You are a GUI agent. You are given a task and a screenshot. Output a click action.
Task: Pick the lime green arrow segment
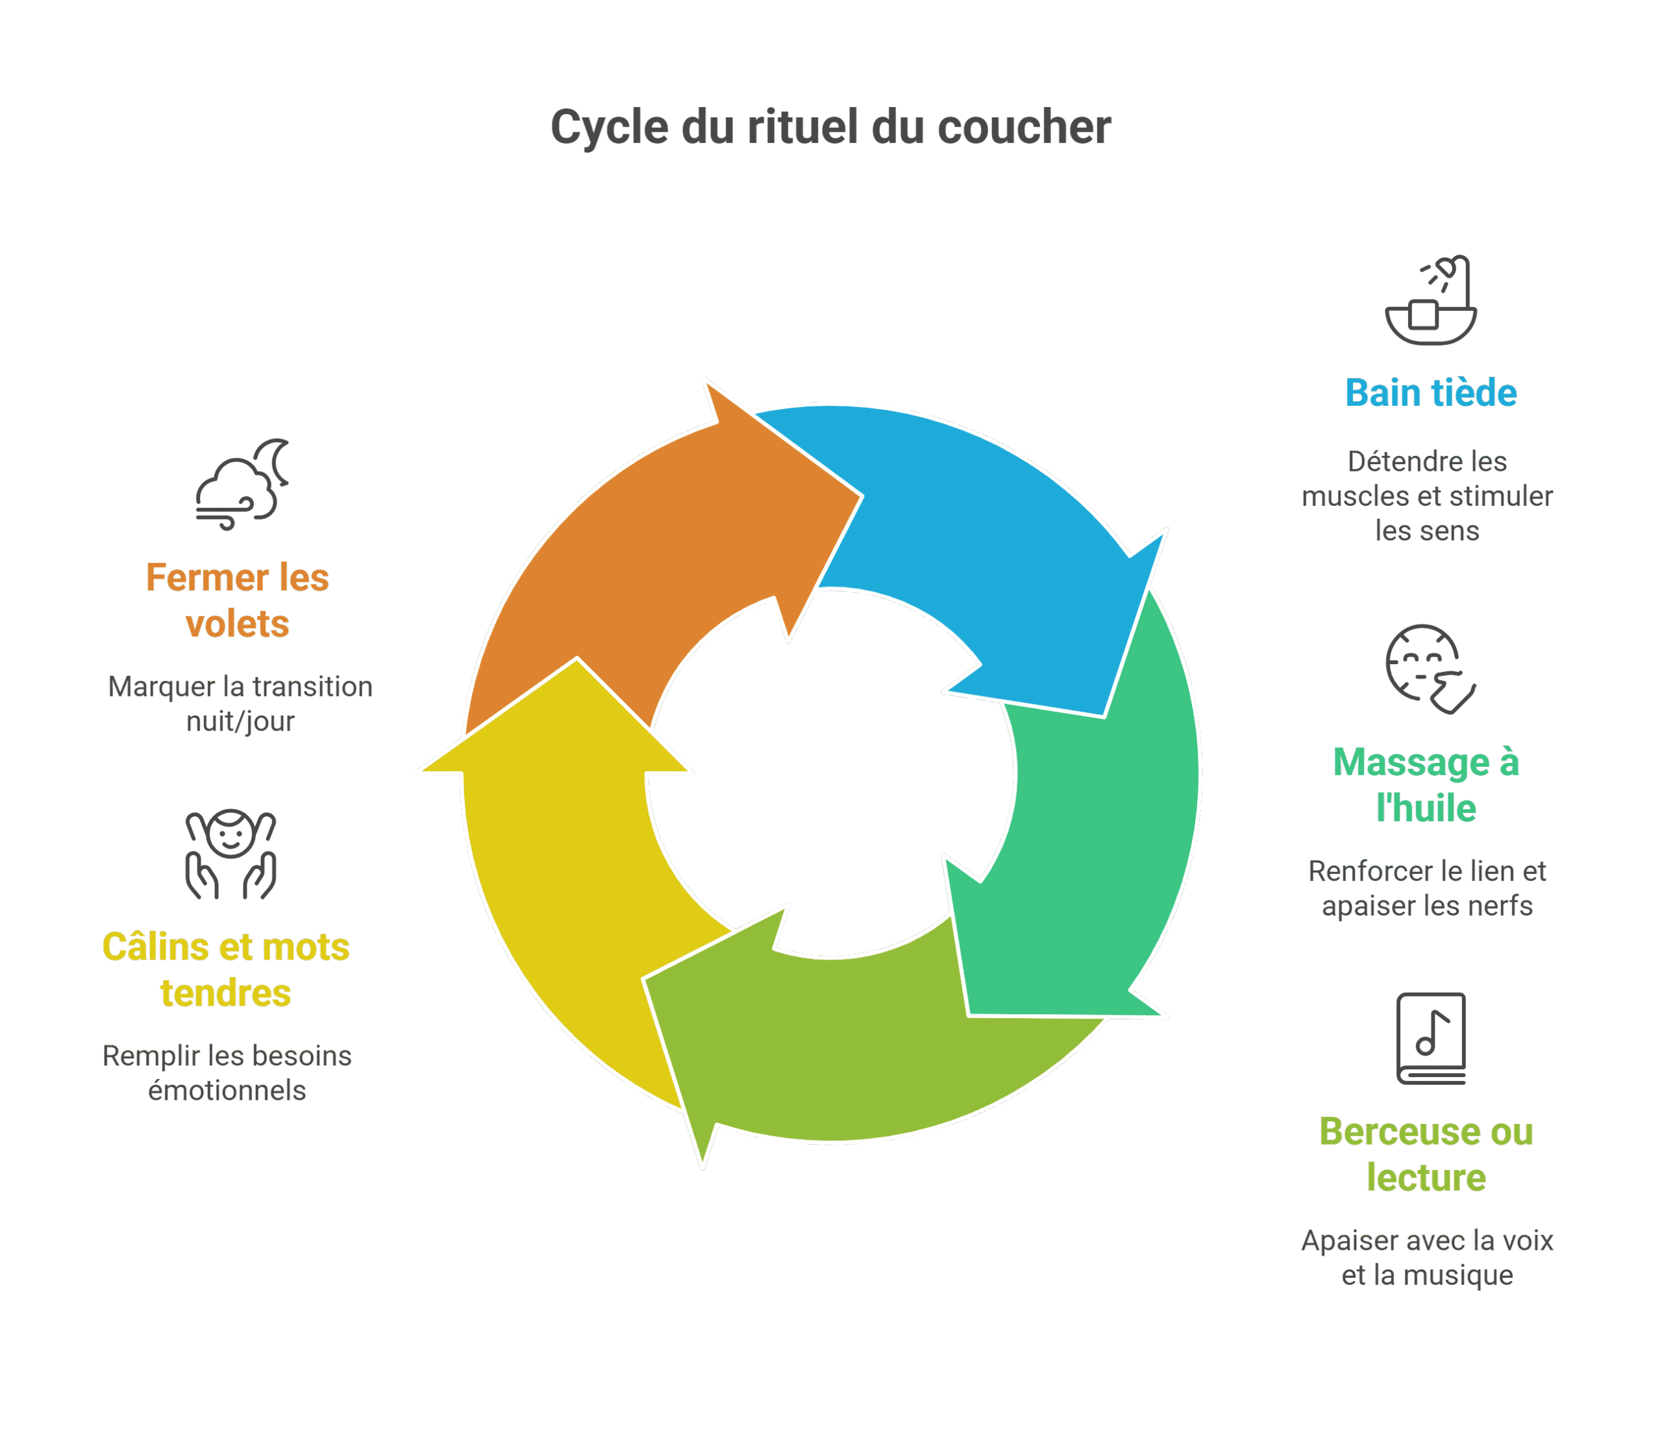(x=842, y=1035)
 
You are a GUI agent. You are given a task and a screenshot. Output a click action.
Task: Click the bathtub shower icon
(x=1431, y=301)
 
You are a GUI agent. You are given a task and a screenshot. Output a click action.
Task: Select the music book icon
(x=1431, y=1038)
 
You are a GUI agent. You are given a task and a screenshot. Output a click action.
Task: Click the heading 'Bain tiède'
(x=1431, y=393)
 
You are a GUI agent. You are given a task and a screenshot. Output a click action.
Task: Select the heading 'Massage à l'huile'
(x=1426, y=784)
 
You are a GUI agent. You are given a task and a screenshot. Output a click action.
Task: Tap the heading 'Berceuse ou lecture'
(x=1426, y=1154)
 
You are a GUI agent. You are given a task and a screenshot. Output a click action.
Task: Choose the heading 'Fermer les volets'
(x=238, y=600)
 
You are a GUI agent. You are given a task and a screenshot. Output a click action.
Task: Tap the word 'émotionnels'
(x=227, y=1091)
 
